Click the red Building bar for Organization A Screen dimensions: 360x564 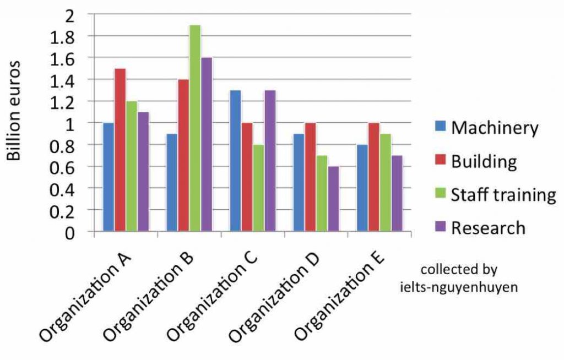[120, 150]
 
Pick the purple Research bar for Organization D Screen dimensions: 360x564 [334, 199]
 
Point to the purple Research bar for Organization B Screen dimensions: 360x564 [207, 144]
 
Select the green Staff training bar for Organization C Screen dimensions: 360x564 [258, 188]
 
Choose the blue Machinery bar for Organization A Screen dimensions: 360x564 [109, 177]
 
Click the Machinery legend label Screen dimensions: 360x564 [494, 128]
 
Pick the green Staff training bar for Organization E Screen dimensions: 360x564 [385, 182]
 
